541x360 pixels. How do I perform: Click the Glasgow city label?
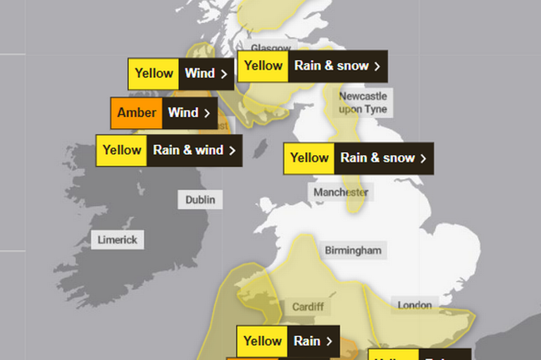[270, 48]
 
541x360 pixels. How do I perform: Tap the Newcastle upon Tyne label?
[362, 103]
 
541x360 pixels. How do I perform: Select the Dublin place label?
[200, 199]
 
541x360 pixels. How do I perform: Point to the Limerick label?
[118, 240]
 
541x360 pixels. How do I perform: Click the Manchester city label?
[341, 192]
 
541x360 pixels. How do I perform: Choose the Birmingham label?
[352, 250]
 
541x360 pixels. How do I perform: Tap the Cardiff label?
[308, 306]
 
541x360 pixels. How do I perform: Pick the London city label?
[414, 305]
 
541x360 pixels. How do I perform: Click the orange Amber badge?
[137, 113]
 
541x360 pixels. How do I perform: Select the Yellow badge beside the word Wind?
[154, 73]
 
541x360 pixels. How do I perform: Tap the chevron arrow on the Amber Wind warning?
[207, 113]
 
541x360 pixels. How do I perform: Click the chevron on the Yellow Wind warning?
[224, 73]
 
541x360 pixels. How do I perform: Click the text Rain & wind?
[188, 150]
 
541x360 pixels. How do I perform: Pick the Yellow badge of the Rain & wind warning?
[122, 150]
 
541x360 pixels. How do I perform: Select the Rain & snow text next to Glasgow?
[331, 66]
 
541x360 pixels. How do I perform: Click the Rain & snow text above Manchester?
[378, 158]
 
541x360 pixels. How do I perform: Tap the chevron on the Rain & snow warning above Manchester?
[423, 158]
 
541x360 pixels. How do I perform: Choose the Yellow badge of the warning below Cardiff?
[262, 341]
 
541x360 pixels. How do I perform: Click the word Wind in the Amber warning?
[182, 113]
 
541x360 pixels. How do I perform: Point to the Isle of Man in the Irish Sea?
[260, 149]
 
